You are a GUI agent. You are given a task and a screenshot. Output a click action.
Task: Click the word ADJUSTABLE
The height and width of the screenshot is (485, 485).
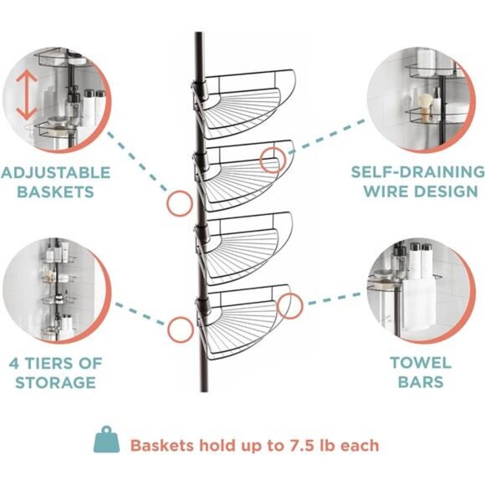point(55,172)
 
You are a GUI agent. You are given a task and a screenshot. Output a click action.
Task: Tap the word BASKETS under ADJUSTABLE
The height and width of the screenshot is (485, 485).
point(55,192)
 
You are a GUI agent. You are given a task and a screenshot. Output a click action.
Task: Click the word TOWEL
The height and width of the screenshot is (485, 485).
point(420,363)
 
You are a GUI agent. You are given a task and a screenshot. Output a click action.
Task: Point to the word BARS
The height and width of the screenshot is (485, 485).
point(420,383)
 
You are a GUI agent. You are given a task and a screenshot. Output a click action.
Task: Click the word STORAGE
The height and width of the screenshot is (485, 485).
point(55,383)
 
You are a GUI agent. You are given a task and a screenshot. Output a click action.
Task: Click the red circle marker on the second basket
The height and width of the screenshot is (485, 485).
point(271,160)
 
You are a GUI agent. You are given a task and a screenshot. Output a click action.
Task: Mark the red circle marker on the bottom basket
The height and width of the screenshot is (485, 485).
point(290,306)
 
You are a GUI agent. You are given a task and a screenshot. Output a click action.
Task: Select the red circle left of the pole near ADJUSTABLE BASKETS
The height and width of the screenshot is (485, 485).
point(178,202)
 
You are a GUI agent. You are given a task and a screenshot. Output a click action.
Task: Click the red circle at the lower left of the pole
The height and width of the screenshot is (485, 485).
point(180,329)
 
